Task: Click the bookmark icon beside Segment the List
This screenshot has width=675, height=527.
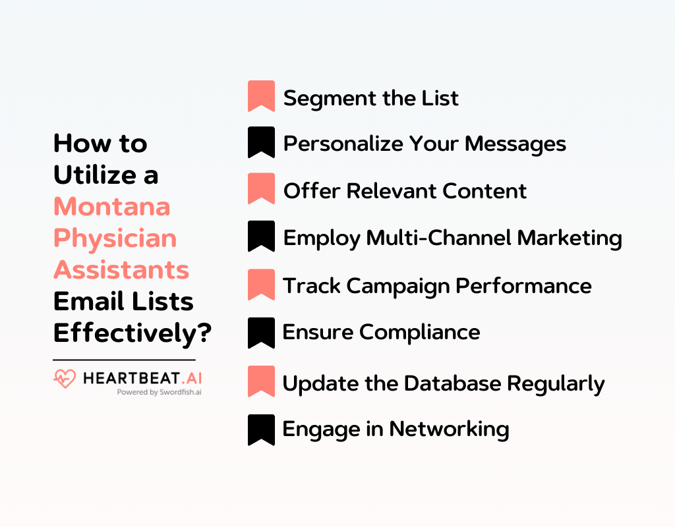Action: click(x=261, y=96)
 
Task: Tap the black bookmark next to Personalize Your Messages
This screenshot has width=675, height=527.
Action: click(x=261, y=142)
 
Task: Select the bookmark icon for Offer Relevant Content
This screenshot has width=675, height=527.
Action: click(x=261, y=188)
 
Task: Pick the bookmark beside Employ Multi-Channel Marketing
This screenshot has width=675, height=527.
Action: click(x=261, y=236)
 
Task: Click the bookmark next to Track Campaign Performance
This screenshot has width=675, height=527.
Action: click(x=261, y=285)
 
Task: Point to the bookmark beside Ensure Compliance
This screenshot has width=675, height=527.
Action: click(x=261, y=332)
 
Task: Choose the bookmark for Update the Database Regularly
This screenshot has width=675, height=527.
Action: click(x=261, y=381)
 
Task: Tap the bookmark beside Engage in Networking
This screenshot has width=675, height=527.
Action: click(x=261, y=430)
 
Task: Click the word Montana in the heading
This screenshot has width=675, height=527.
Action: click(x=111, y=207)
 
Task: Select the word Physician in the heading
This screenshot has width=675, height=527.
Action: click(x=115, y=238)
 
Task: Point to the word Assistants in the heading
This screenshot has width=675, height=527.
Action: click(x=121, y=269)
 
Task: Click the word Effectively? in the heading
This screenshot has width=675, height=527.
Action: click(x=132, y=333)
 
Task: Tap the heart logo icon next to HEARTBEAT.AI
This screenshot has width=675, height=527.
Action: click(x=65, y=379)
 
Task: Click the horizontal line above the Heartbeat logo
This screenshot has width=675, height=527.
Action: click(x=124, y=360)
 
